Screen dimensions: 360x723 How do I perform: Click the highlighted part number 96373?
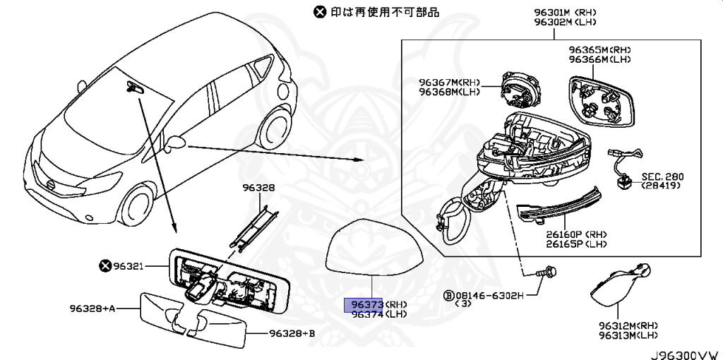pos(363,304)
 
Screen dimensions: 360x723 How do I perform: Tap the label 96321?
pos(129,266)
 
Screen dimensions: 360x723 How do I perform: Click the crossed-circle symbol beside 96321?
pos(105,266)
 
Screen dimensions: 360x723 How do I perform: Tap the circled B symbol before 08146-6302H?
pos(448,294)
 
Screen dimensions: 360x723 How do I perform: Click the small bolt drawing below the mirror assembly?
pos(544,272)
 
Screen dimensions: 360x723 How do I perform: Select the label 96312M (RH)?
pos(628,325)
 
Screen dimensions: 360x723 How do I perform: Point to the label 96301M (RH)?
pos(564,12)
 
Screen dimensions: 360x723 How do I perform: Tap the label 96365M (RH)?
pos(599,51)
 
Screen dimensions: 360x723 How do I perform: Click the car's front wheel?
pos(138,203)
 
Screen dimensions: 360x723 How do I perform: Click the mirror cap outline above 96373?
pos(374,246)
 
